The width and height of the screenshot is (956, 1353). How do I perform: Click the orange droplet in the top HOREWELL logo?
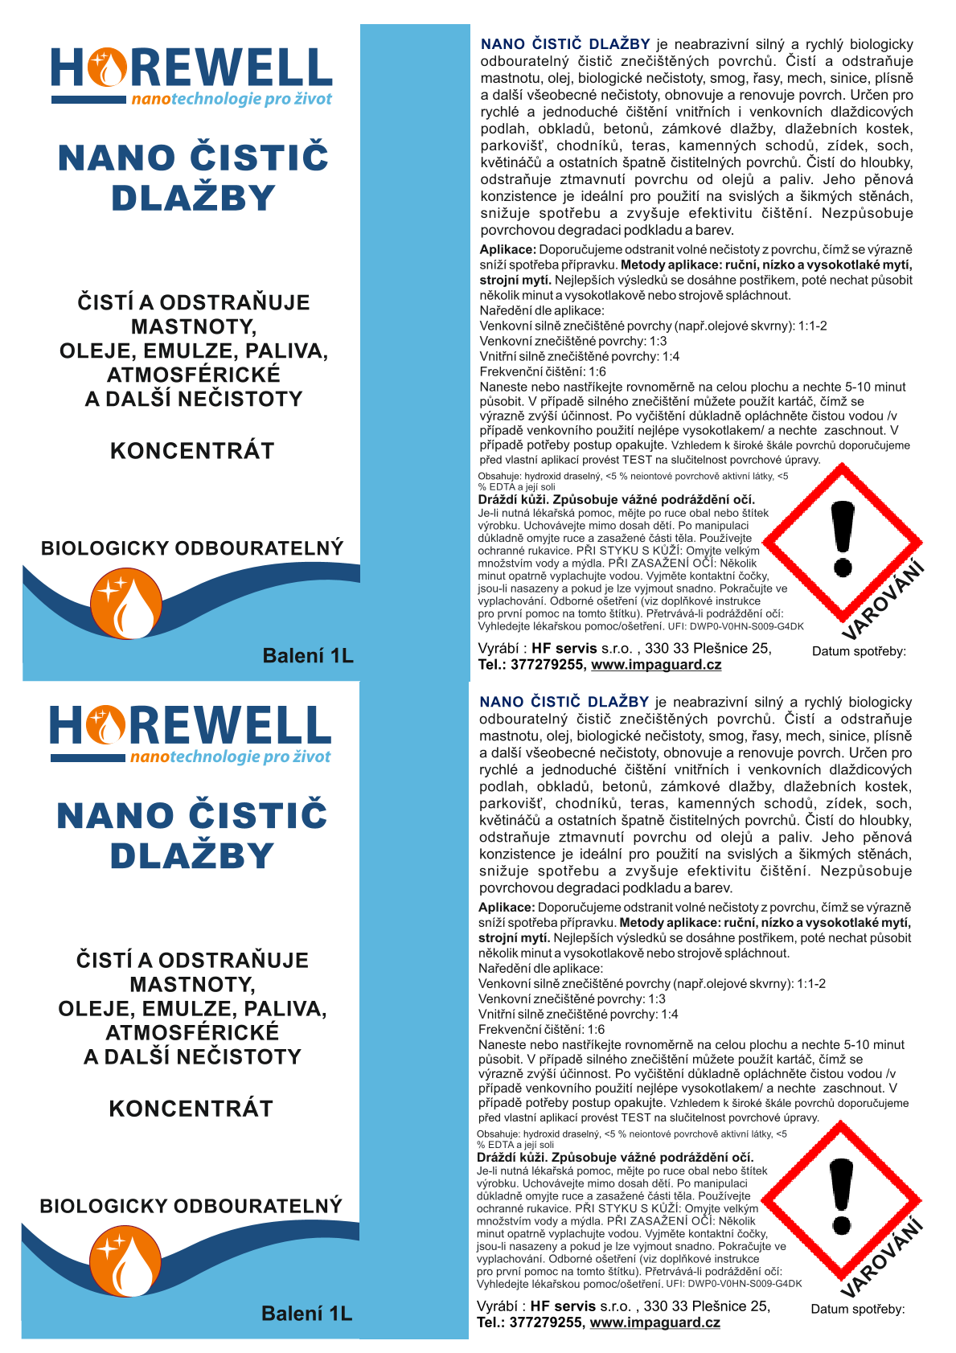[x=108, y=68]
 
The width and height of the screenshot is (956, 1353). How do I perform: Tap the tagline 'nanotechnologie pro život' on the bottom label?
[x=230, y=756]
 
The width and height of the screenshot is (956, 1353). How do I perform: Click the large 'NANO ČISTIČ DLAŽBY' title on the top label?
[x=193, y=178]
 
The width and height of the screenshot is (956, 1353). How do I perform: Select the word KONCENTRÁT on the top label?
[x=192, y=451]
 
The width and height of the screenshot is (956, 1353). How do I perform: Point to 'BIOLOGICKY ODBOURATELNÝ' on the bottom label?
[x=191, y=1206]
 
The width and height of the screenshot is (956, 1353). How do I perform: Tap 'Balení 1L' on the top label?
[x=308, y=656]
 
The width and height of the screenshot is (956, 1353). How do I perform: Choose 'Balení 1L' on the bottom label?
[x=306, y=1314]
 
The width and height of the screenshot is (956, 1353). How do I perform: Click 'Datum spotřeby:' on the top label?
[x=859, y=651]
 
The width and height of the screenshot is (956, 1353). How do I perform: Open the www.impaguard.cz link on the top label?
[x=656, y=665]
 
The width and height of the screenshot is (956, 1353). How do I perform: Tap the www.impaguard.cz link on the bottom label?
[x=654, y=1322]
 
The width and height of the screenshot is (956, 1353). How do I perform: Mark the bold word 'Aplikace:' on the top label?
[x=507, y=250]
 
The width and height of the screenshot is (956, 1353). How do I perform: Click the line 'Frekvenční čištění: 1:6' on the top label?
[x=543, y=371]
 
